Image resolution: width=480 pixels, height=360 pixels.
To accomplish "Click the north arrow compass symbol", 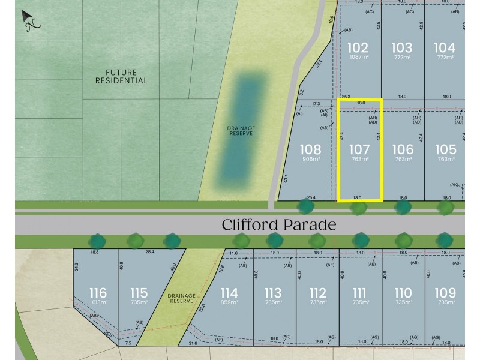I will point(29,20).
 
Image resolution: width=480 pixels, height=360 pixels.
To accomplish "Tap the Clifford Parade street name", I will point(278,225).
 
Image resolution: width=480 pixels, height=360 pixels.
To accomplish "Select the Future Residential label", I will point(121,76).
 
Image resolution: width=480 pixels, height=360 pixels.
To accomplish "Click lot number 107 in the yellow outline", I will point(359,149).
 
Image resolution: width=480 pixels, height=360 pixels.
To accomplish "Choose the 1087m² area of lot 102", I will point(358,57).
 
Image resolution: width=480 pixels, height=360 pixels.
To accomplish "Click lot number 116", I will point(98,293).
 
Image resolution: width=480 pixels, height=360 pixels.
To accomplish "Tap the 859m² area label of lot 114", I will point(229,302).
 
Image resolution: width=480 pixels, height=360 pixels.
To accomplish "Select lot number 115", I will point(139,293).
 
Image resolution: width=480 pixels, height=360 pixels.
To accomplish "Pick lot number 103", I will point(401,47).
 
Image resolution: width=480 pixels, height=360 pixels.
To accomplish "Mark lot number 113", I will point(272,293).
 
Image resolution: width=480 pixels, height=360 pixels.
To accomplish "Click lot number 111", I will point(359,293).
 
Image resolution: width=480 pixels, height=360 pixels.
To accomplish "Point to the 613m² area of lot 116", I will point(98,302).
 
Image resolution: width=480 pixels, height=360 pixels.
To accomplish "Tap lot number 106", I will point(403,149).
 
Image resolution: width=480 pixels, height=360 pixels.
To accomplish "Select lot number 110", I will point(403,293).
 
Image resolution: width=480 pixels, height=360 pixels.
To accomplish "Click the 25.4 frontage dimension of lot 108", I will point(311,197).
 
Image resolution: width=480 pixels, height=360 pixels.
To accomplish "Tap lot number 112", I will point(317,293).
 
